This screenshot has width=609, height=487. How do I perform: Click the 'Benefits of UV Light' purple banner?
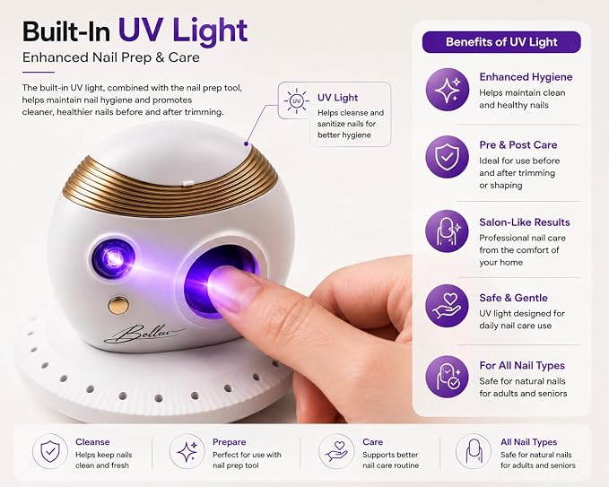pyautogui.click(x=501, y=42)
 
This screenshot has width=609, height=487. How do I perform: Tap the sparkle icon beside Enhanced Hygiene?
pyautogui.click(x=447, y=90)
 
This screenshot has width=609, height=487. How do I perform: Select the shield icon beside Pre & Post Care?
pyautogui.click(x=447, y=157)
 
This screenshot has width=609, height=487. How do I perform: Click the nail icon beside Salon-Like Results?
pyautogui.click(x=447, y=231)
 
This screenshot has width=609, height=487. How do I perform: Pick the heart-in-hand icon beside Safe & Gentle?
pyautogui.click(x=447, y=306)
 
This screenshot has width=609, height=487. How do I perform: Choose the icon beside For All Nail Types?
pyautogui.click(x=447, y=377)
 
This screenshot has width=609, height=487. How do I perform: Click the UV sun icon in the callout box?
pyautogui.click(x=296, y=101)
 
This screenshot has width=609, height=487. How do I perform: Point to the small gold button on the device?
pyautogui.click(x=118, y=305)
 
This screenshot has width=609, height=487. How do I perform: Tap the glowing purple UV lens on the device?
pyautogui.click(x=114, y=259)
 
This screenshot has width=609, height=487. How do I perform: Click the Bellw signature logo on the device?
pyautogui.click(x=144, y=334)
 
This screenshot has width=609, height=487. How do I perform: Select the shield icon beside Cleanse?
pyautogui.click(x=50, y=451)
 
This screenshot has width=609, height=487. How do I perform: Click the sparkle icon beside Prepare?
pyautogui.click(x=187, y=451)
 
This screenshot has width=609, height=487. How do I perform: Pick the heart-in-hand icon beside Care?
pyautogui.click(x=336, y=451)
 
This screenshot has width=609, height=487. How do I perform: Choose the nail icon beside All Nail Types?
pyautogui.click(x=474, y=451)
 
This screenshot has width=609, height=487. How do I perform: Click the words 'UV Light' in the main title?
pyautogui.click(x=183, y=30)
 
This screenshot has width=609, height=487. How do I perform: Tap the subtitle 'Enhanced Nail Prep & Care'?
pyautogui.click(x=111, y=57)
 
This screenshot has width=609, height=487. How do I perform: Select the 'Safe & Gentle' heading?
pyautogui.click(x=513, y=298)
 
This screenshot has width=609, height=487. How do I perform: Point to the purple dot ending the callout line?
pyautogui.click(x=246, y=143)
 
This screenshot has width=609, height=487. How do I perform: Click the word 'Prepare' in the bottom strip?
pyautogui.click(x=229, y=442)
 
